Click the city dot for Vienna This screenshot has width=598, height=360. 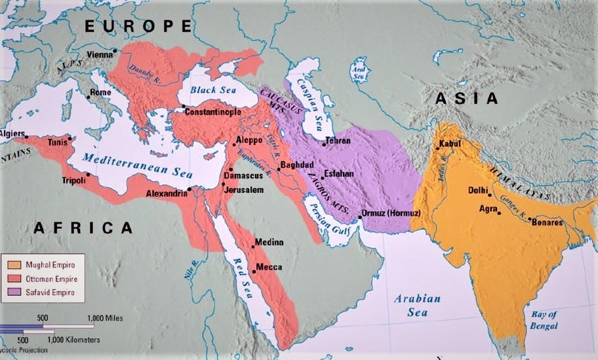(x=115, y=50)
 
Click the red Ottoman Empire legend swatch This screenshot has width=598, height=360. (x=13, y=278)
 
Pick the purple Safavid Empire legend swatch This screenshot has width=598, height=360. (x=13, y=292)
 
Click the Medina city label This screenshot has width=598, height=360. (x=269, y=242)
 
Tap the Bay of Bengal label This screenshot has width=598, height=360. (x=544, y=320)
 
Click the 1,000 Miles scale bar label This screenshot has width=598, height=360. (x=105, y=318)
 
